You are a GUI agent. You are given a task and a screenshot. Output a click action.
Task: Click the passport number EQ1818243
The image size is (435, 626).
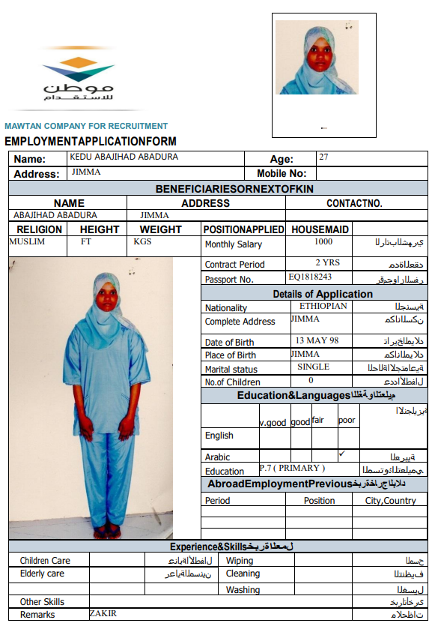(310, 277)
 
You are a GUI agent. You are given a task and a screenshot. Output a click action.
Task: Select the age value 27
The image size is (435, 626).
(323, 157)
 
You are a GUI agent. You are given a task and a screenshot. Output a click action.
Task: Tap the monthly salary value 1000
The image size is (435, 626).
(323, 241)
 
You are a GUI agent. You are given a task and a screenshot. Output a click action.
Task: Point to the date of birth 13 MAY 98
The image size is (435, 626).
(317, 340)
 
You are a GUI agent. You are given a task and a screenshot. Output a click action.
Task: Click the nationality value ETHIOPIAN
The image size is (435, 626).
(323, 306)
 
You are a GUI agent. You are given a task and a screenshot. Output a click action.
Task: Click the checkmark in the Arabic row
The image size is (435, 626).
(342, 454)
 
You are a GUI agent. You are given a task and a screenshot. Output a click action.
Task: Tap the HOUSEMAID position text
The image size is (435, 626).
(320, 229)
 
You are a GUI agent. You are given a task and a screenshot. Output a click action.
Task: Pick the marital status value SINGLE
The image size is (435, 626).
(313, 367)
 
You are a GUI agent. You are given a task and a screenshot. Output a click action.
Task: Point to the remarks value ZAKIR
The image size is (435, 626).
(103, 613)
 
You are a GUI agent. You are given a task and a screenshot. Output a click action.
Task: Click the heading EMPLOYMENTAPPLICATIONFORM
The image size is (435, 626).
(91, 141)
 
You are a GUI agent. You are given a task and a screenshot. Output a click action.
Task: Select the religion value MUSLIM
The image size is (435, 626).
(27, 241)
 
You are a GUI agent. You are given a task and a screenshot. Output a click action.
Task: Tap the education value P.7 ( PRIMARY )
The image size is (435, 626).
(292, 468)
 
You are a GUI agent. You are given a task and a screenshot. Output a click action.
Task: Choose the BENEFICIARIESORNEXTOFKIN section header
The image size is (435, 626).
(234, 188)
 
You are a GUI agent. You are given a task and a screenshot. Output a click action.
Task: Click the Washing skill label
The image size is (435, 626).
(243, 590)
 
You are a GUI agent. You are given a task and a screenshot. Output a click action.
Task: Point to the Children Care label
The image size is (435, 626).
(45, 561)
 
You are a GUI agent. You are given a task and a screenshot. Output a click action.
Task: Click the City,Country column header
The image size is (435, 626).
(390, 500)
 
